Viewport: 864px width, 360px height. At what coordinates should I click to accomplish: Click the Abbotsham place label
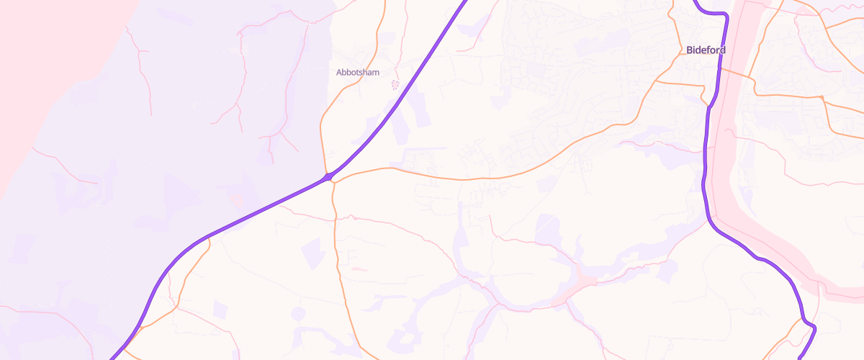click(x=357, y=72)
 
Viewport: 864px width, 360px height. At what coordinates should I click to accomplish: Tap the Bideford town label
click(x=706, y=50)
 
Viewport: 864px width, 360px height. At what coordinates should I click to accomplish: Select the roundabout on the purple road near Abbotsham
click(x=328, y=176)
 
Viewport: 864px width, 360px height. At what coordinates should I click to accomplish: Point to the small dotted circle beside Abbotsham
click(x=395, y=84)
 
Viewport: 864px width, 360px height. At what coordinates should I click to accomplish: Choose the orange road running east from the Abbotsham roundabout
click(x=432, y=175)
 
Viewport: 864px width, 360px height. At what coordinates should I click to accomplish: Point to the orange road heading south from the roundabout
click(x=336, y=230)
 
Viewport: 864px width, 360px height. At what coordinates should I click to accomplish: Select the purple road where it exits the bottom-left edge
click(x=112, y=357)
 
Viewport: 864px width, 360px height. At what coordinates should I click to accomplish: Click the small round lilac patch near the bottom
click(x=298, y=313)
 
